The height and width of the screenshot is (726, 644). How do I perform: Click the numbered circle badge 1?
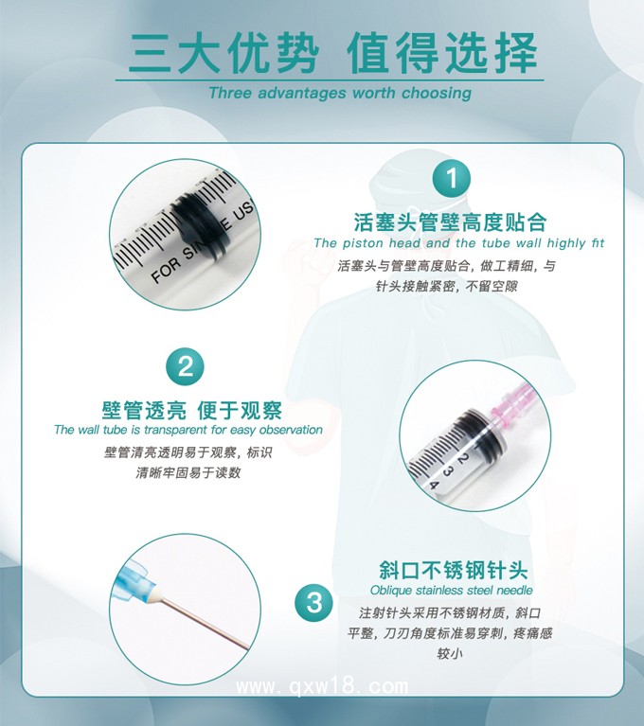click(451, 179)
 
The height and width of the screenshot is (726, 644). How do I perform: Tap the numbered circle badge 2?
click(186, 366)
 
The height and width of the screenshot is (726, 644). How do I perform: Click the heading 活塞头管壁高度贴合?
click(450, 222)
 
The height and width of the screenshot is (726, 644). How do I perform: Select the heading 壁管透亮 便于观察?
click(191, 410)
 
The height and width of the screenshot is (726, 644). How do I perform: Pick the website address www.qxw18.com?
click(321, 686)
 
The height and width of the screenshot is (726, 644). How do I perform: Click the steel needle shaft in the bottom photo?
click(204, 621)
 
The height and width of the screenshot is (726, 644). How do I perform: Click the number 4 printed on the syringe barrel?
click(435, 485)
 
